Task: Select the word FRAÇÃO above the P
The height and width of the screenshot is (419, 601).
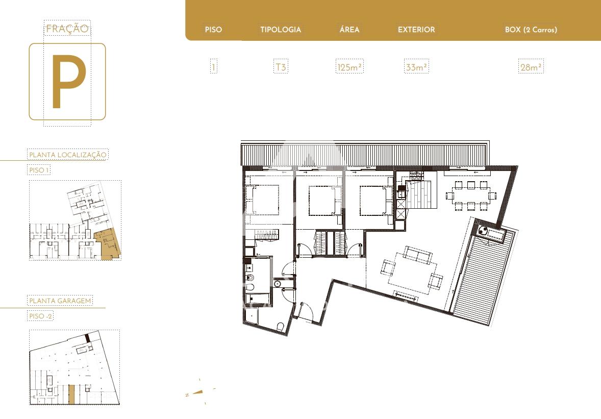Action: (67, 29)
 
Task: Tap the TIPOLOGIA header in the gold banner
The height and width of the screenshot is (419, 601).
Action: (281, 30)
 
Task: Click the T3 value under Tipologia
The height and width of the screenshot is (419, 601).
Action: (281, 67)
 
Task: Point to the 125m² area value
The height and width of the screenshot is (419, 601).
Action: (349, 67)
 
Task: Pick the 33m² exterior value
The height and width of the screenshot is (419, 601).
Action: (416, 67)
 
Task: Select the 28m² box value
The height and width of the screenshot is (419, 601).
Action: (531, 67)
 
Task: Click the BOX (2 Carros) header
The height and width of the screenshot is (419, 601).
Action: (531, 30)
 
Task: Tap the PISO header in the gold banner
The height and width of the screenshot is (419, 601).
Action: (213, 30)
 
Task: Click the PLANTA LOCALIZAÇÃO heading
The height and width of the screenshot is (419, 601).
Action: (68, 155)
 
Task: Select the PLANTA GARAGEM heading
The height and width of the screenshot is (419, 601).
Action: (60, 301)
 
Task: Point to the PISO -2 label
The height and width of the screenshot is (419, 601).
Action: (40, 316)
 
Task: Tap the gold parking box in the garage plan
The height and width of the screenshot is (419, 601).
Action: (71, 394)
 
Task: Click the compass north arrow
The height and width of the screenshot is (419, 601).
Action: (198, 392)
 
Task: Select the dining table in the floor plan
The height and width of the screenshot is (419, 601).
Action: (471, 196)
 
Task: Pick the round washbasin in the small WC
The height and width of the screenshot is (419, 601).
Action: (278, 284)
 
